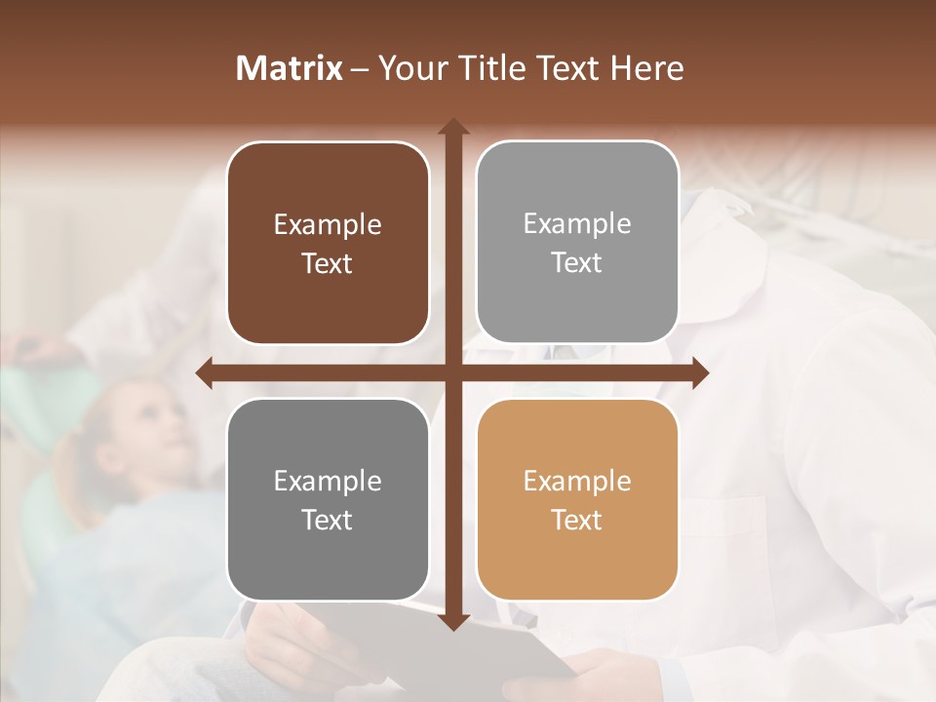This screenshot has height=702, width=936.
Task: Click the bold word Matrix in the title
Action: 290,68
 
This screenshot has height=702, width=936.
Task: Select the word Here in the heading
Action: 647,68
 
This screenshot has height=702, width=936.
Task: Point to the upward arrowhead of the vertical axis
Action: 452,127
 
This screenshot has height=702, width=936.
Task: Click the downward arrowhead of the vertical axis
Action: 452,621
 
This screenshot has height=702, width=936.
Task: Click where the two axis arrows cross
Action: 452,373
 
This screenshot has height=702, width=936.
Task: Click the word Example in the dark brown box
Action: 328,225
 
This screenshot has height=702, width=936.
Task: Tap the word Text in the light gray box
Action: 577,263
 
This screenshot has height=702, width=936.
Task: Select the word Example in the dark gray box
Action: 328,482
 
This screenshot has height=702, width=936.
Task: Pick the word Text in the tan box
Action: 577,520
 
